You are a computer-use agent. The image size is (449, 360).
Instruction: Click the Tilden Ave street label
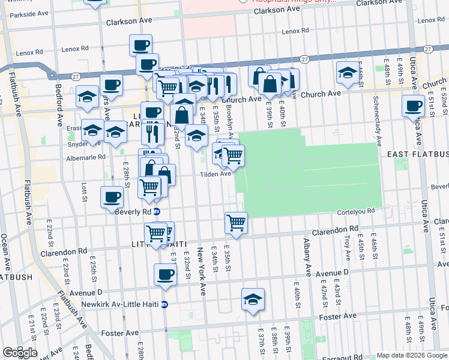click(x=215, y=174)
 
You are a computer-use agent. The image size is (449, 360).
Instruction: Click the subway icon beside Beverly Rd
click(x=156, y=212)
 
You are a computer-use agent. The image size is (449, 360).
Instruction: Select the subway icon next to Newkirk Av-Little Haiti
click(x=164, y=304)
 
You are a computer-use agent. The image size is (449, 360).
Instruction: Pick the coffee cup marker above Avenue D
click(x=165, y=274)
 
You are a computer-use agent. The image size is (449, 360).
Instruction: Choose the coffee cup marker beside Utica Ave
click(x=413, y=106)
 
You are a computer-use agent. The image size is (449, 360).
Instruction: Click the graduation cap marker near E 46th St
click(x=347, y=72)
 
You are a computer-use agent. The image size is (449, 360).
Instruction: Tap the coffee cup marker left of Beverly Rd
click(x=112, y=196)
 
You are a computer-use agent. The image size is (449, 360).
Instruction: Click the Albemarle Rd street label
click(x=85, y=157)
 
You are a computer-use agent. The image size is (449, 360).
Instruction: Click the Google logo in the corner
click(x=20, y=352)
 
